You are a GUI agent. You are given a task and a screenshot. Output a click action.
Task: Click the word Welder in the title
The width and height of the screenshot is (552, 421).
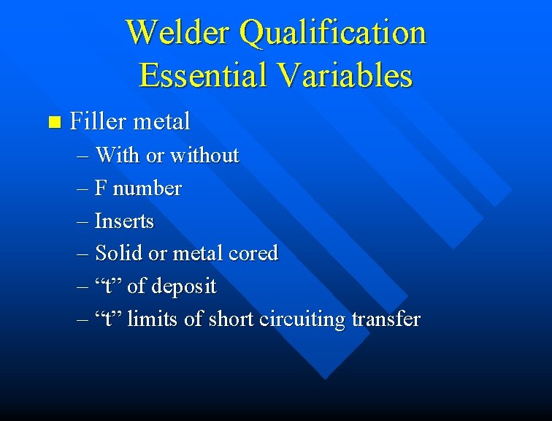pos(178,32)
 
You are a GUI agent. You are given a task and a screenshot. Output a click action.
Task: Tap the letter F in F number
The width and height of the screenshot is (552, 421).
pos(101,189)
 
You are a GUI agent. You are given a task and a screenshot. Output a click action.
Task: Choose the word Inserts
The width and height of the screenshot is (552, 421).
pos(124,221)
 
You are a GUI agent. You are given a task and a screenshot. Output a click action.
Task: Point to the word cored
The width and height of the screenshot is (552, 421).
pos(253,253)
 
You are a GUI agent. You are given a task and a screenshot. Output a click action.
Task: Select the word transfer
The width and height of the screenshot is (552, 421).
pos(386,319)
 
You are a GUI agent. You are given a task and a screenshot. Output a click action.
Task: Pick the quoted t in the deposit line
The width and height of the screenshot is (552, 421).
pos(109,287)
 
